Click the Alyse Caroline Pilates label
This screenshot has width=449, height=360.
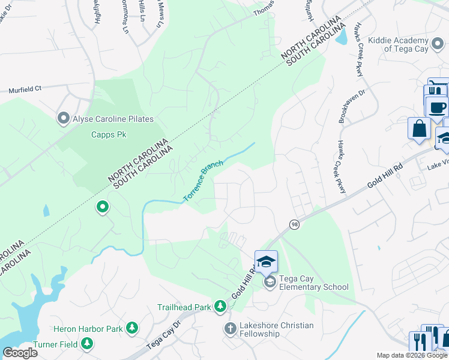pos(113,119)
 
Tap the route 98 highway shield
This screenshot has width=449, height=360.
pos(294,224)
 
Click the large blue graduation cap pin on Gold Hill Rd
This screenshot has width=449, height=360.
pos(266,262)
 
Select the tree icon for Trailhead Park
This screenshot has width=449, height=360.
pos(220,307)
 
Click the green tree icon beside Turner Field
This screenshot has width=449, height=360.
pos(88,343)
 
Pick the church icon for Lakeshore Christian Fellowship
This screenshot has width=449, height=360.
pos(230,329)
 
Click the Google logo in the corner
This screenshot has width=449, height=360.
pos(20,353)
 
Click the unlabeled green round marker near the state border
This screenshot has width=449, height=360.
pos(103,208)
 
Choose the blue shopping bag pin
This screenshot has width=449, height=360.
pos(418,129)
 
